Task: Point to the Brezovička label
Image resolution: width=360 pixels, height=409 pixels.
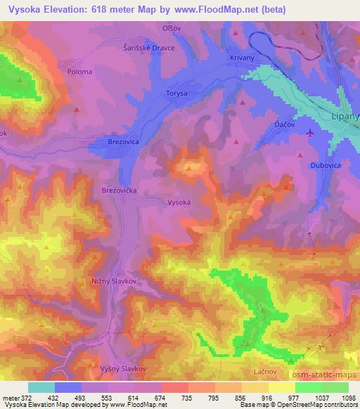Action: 120,190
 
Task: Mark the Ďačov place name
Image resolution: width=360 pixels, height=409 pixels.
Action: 283,123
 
